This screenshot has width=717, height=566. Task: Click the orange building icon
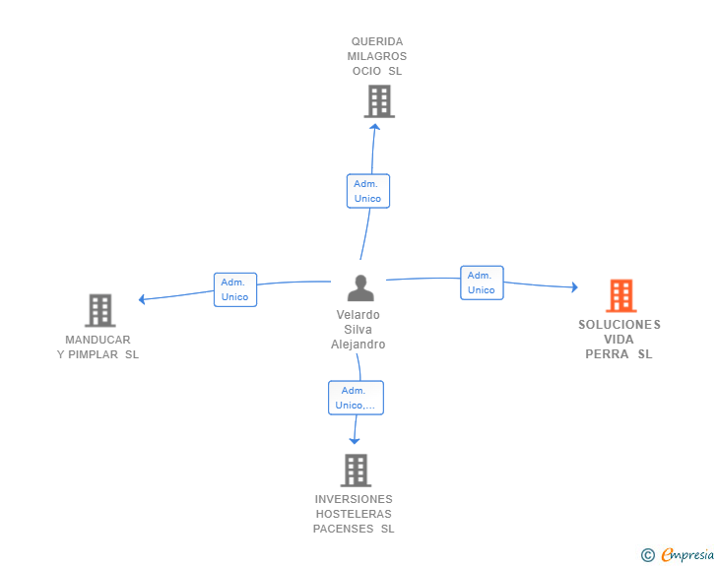620,296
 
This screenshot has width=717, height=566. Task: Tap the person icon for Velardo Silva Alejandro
360,288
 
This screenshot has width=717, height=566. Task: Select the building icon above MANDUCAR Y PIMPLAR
100,310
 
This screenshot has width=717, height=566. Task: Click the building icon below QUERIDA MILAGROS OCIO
379,101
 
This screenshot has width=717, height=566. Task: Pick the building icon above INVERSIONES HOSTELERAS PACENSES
356,471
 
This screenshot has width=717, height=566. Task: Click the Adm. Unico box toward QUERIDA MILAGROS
368,191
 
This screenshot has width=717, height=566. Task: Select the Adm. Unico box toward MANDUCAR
235,289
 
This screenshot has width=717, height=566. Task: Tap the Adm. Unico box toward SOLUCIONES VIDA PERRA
482,283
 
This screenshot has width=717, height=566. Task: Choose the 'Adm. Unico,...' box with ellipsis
356,398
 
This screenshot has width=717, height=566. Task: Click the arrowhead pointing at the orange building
575,287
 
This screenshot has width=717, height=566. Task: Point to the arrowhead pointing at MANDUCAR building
142,299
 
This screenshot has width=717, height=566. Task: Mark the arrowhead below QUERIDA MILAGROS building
375,127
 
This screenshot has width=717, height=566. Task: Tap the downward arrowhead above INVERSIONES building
355,441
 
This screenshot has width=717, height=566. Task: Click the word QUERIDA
377,41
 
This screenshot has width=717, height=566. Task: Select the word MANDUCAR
98,340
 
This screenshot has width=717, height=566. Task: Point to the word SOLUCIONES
619,325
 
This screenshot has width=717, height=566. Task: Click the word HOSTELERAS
354,514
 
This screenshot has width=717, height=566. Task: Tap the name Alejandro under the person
358,345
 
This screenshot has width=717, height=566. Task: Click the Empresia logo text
687,554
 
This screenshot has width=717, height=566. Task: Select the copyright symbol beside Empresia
647,555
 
